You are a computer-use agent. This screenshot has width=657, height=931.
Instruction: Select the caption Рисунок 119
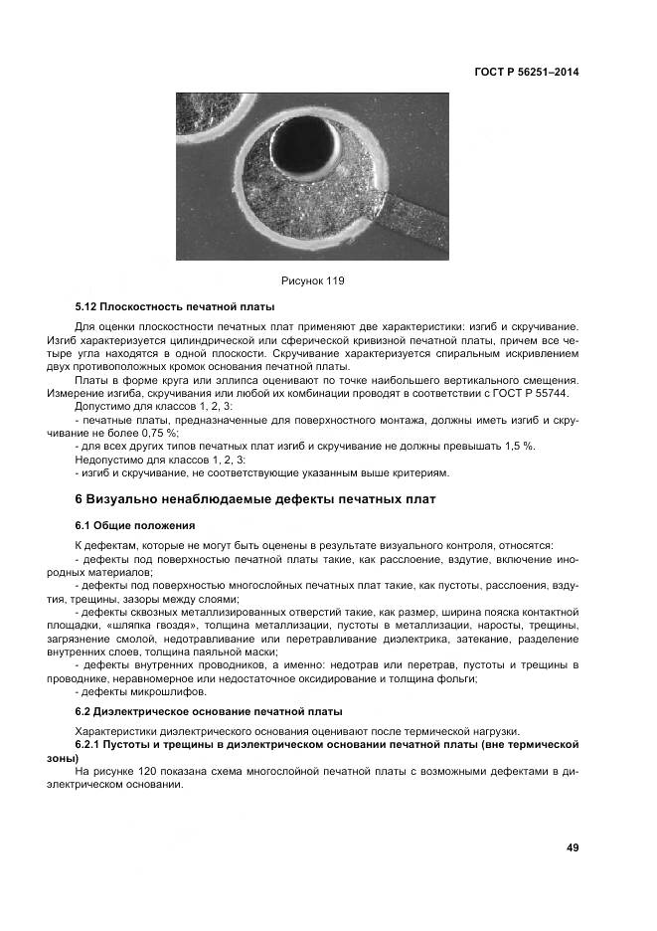pyautogui.click(x=312, y=281)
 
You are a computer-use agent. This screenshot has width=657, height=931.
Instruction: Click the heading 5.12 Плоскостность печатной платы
pyautogui.click(x=175, y=306)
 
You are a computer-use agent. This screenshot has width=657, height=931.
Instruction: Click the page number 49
pyautogui.click(x=572, y=847)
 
